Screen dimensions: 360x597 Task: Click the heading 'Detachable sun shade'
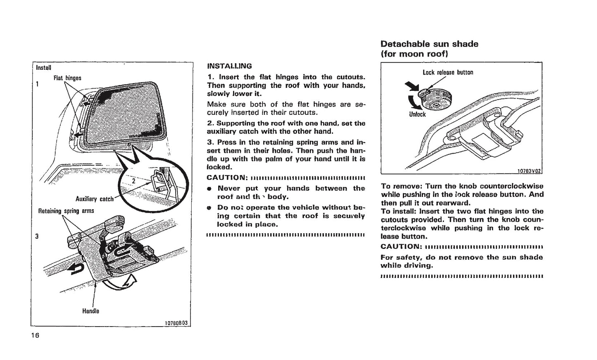429,44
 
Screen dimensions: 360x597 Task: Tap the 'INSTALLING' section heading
229,66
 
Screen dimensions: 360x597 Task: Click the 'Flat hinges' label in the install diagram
67,78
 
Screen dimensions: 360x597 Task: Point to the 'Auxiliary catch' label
95,199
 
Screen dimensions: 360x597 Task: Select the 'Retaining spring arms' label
66,211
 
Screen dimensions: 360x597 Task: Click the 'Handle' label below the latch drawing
90,311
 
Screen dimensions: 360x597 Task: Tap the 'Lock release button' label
448,72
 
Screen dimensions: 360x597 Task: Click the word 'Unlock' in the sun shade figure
417,114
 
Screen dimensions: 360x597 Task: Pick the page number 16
35,335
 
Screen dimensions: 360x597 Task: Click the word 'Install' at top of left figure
43,67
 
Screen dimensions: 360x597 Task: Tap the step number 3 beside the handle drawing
37,237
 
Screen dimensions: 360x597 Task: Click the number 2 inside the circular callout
133,180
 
